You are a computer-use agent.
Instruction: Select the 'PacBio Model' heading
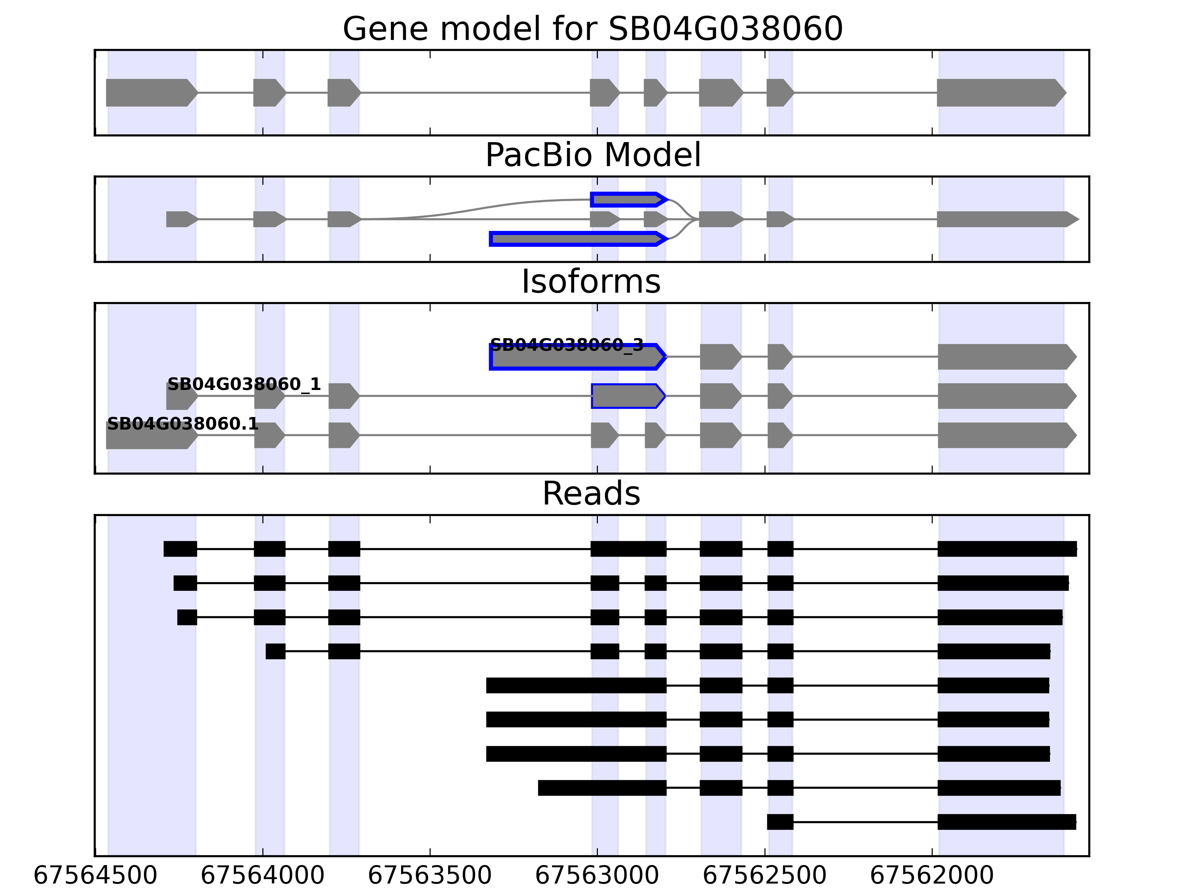pos(592,155)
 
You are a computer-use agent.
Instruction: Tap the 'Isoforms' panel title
pos(591,282)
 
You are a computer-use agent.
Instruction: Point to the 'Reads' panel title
pos(591,494)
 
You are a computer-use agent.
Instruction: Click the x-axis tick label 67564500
pos(95,876)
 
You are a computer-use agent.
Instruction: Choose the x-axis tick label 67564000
pos(262,876)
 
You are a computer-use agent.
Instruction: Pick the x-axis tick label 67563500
pos(430,876)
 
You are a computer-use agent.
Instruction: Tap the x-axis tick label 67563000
pos(597,876)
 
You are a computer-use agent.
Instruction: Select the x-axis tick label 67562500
pos(764,876)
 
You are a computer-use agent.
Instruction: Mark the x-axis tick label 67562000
pos(932,876)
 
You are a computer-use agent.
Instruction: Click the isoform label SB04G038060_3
pos(566,345)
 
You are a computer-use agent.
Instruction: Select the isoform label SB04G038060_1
pos(244,384)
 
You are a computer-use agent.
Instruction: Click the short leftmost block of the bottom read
pos(780,822)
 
